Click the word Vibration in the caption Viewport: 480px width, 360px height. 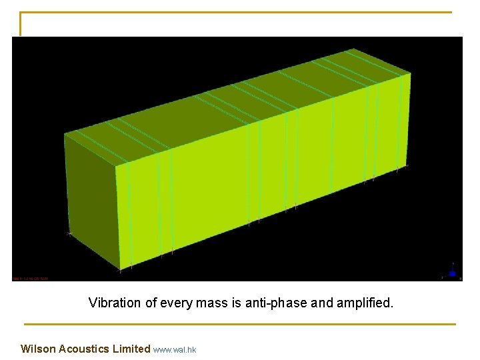tap(115, 303)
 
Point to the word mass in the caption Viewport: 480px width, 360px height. tap(209, 303)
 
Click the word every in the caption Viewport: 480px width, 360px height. tap(173, 303)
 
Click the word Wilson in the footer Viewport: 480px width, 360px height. tap(38, 349)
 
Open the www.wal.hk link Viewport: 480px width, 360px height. tap(175, 349)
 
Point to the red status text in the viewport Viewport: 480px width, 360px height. tap(31, 278)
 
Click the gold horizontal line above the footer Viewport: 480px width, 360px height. tap(240, 325)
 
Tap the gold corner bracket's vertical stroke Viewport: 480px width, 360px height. tap(21, 24)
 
